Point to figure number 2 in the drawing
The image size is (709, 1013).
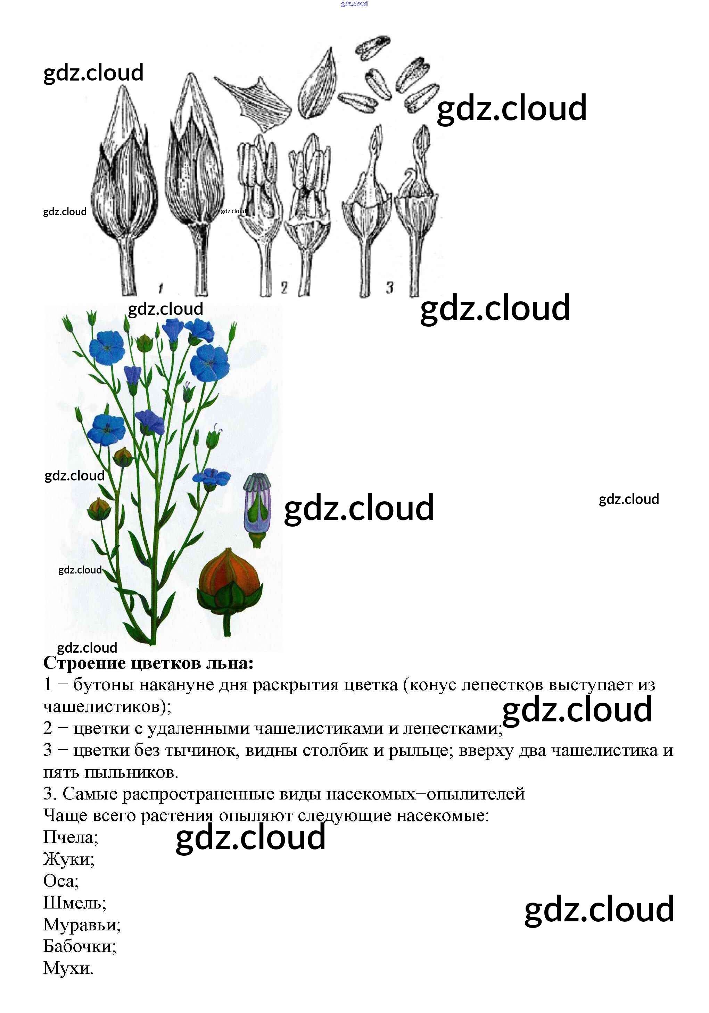[x=284, y=288]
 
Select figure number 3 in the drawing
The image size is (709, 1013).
[x=389, y=288]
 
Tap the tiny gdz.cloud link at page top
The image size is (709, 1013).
[x=354, y=4]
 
